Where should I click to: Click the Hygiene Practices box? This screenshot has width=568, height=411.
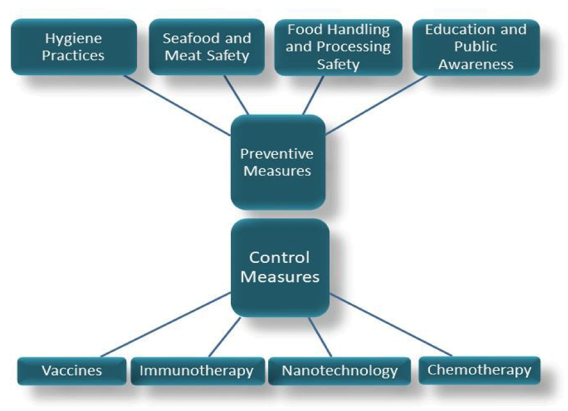coord(74,47)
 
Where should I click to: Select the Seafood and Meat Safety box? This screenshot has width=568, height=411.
coord(207,47)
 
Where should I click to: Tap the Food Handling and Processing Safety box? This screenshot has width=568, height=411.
coord(338,47)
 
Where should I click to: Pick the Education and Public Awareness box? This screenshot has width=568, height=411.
coord(476,47)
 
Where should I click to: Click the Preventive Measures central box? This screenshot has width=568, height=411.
coord(278,162)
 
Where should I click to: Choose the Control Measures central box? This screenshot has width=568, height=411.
coord(280,267)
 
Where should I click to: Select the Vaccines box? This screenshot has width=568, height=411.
coord(72,371)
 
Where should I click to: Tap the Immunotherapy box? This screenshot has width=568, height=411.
coord(197,371)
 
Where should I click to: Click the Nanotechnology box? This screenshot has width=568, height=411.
coord(339,371)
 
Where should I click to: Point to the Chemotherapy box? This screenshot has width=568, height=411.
coord(479,370)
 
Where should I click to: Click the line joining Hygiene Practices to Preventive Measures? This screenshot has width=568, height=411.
coord(178,105)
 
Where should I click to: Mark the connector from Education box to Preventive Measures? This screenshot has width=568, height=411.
coord(376,105)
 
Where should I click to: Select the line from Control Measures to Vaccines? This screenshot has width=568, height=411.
coord(166,325)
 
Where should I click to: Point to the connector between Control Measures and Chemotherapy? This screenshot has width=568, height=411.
coord(390,325)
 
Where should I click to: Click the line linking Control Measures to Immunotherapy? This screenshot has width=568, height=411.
coord(225,337)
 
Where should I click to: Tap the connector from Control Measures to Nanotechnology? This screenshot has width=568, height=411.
coord(320,337)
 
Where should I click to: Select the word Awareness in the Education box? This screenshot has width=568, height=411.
coord(476,64)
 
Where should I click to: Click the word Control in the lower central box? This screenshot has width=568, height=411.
coord(279,257)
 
